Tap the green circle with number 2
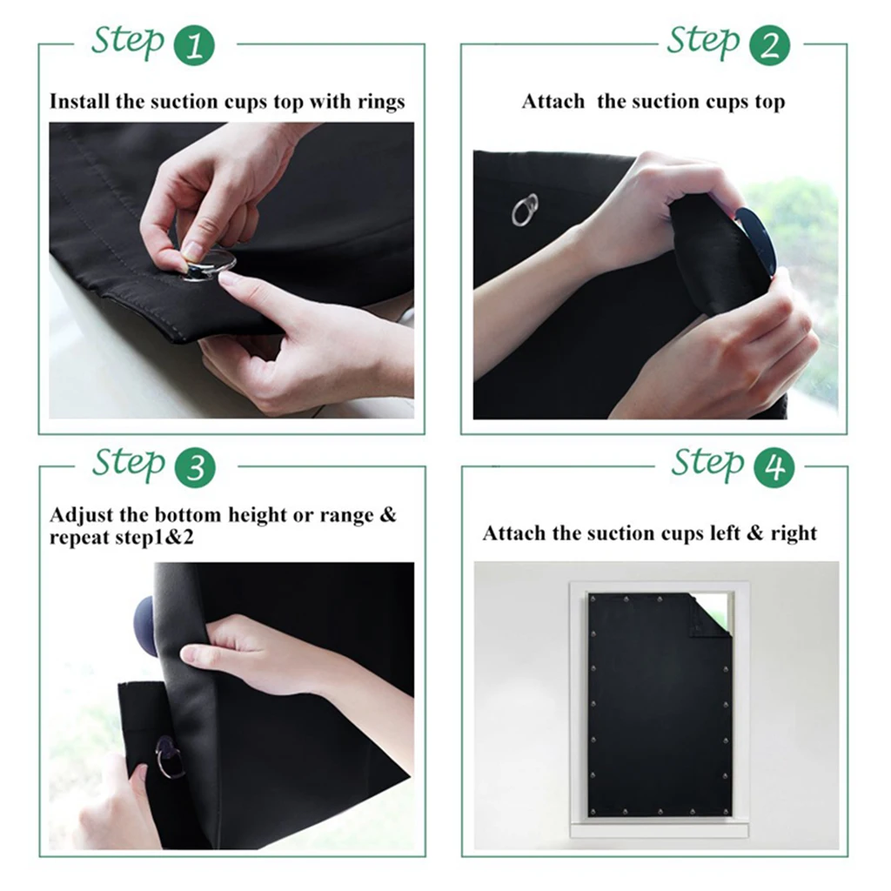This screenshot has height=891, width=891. pyautogui.click(x=769, y=45)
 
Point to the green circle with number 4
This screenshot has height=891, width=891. pyautogui.click(x=773, y=467)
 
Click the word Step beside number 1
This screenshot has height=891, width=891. pyautogui.click(x=128, y=42)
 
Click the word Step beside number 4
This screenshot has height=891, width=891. pyautogui.click(x=707, y=464)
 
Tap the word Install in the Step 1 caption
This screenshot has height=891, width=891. pyautogui.click(x=80, y=102)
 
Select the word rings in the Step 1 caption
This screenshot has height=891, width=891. pyautogui.click(x=381, y=103)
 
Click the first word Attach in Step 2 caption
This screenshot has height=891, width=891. pyautogui.click(x=553, y=102)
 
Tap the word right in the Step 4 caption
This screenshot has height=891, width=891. pyautogui.click(x=794, y=533)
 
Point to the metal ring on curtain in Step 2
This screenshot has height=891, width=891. pyautogui.click(x=525, y=210)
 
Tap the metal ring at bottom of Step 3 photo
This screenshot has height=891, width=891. pyautogui.click(x=169, y=756)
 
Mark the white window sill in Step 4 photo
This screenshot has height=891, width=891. pyautogui.click(x=658, y=829)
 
